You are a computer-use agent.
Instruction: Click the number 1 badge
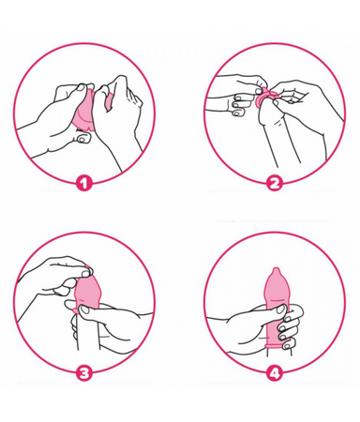click(83, 183)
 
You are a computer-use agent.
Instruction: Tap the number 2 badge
click(275, 183)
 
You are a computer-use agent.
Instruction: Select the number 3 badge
click(83, 372)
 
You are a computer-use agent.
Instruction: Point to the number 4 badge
click(275, 372)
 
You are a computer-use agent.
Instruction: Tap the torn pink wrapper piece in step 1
click(109, 99)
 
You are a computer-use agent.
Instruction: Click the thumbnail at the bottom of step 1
click(83, 137)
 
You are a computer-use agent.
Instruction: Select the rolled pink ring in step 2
click(264, 98)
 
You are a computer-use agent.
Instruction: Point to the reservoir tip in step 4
click(275, 271)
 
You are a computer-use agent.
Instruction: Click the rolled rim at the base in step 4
click(276, 345)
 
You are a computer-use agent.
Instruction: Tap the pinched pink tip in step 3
click(89, 268)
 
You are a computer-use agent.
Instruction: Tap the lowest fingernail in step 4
click(287, 346)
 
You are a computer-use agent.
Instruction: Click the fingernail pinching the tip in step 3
click(83, 273)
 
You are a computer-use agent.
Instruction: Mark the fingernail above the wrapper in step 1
click(81, 88)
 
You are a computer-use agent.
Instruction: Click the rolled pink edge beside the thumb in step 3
click(74, 310)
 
